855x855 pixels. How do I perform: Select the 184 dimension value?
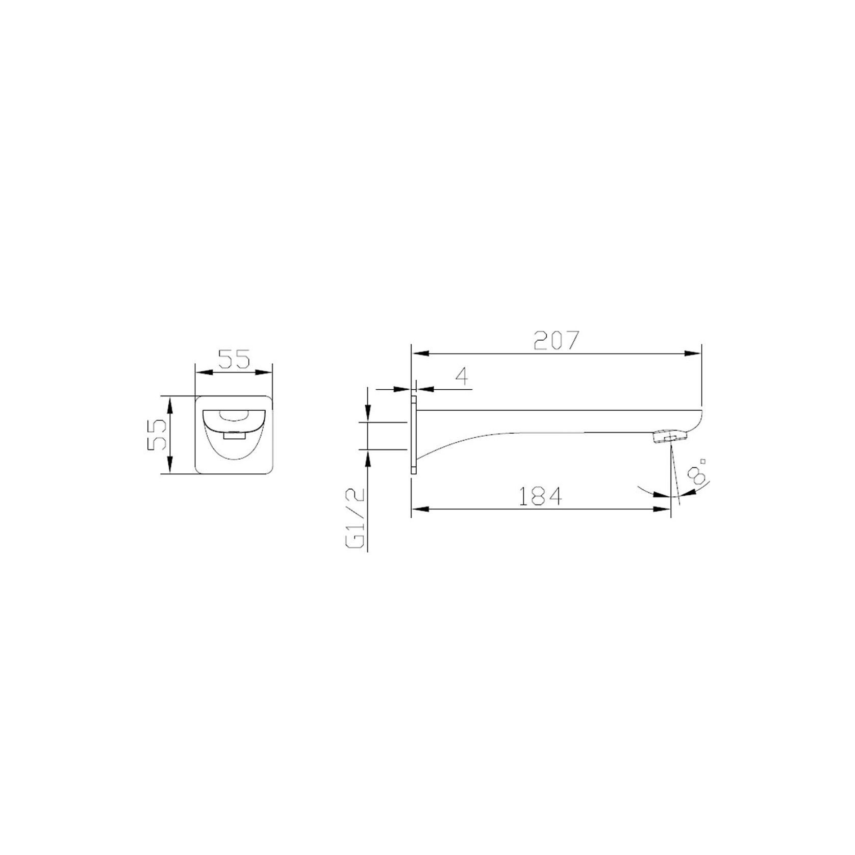coord(540,496)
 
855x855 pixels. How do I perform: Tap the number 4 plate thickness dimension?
coord(462,376)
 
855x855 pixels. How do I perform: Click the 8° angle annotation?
coord(697,470)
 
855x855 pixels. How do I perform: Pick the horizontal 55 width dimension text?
coord(234,359)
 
